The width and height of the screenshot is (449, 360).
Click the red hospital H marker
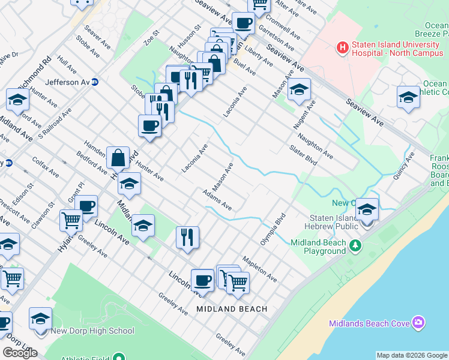(343, 46)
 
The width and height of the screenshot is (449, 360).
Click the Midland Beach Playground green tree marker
(355, 245)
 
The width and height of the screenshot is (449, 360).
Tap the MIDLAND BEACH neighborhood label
(232, 309)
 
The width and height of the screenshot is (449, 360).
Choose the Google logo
(20, 352)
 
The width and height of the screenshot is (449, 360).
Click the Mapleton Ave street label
(259, 269)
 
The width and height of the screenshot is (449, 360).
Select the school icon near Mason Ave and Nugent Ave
(298, 91)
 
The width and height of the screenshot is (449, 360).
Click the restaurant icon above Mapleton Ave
(188, 237)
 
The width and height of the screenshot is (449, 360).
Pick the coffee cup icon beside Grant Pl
(86, 206)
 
